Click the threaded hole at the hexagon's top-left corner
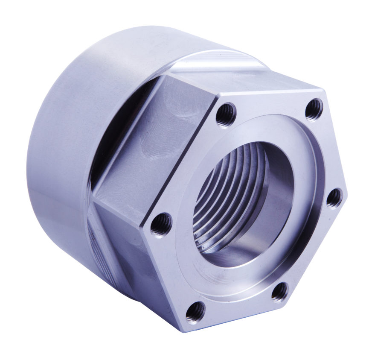coord(225,114)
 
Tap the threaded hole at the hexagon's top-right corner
coord(315,109)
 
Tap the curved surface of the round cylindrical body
coord(64,128)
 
